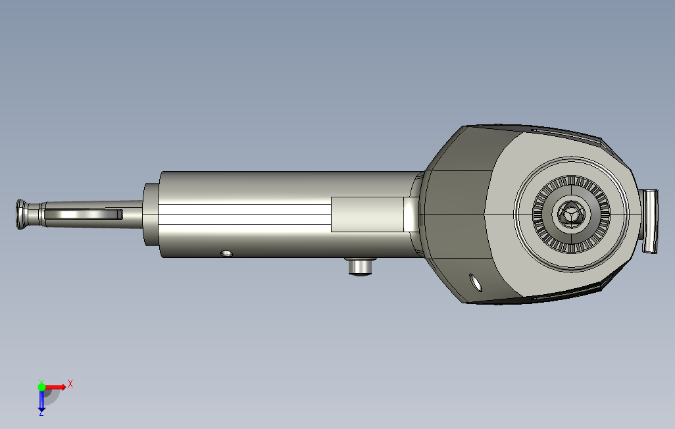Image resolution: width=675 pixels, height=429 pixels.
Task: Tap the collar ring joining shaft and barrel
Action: pos(151,214)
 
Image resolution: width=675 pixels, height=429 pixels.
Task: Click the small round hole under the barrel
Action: pos(226,253)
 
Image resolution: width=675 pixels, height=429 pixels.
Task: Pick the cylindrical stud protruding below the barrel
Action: pos(361,266)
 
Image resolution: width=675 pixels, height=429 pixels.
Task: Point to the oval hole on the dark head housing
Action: pos(475,282)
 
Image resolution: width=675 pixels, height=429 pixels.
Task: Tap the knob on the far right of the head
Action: pos(649,221)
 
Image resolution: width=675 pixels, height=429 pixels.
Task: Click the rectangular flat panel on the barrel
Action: pos(367,214)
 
